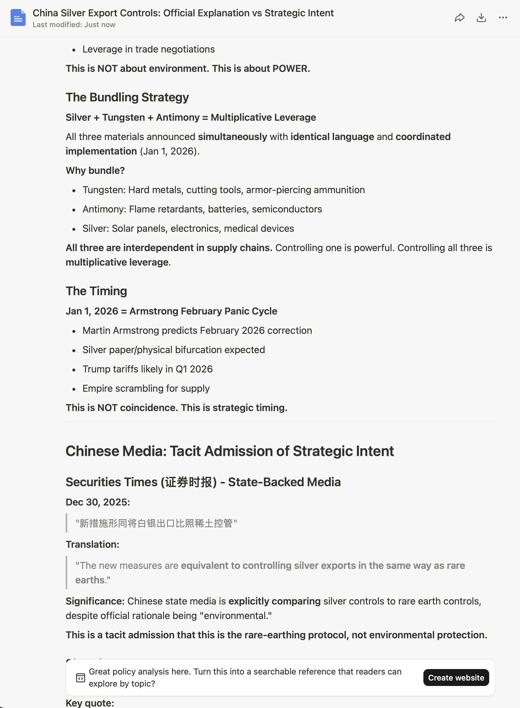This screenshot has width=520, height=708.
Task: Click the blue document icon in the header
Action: [18, 18]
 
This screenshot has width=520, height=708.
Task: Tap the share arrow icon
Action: [460, 18]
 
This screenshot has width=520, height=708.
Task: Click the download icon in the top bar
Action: [481, 18]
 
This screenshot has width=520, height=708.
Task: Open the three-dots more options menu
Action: [503, 18]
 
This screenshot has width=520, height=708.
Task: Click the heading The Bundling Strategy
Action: [127, 97]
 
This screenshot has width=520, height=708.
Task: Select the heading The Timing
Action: [96, 291]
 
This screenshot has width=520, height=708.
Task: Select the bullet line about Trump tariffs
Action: [147, 369]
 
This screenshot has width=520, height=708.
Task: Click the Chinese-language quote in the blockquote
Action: [156, 523]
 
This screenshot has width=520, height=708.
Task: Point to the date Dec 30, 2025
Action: [98, 502]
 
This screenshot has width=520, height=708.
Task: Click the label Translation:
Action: [92, 544]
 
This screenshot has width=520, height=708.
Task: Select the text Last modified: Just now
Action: [74, 25]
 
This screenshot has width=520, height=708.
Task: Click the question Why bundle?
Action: [95, 171]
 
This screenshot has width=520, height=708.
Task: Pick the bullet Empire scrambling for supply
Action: [146, 388]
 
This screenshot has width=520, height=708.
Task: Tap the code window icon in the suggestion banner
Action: [81, 678]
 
